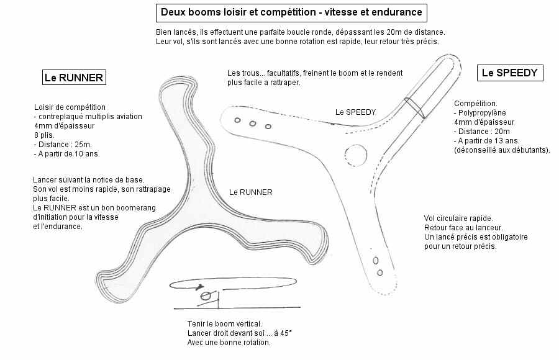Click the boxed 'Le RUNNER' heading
pyautogui.click(x=74, y=78)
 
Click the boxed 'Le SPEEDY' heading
pyautogui.click(x=509, y=73)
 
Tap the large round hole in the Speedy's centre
pyautogui.click(x=356, y=153)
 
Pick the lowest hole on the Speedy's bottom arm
pyautogui.click(x=380, y=272)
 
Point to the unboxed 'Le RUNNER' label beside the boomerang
pyautogui.click(x=250, y=192)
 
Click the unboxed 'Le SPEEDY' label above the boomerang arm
pyautogui.click(x=355, y=112)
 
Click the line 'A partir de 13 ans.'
pyautogui.click(x=489, y=141)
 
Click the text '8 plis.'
pyautogui.click(x=45, y=135)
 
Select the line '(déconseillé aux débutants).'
pyautogui.click(x=502, y=150)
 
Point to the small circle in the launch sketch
pyautogui.click(x=204, y=297)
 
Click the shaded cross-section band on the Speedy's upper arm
pyautogui.click(x=414, y=107)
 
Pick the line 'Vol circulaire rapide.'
pyautogui.click(x=458, y=218)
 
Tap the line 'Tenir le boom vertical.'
pyautogui.click(x=224, y=324)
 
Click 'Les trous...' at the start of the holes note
pyautogui.click(x=245, y=73)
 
